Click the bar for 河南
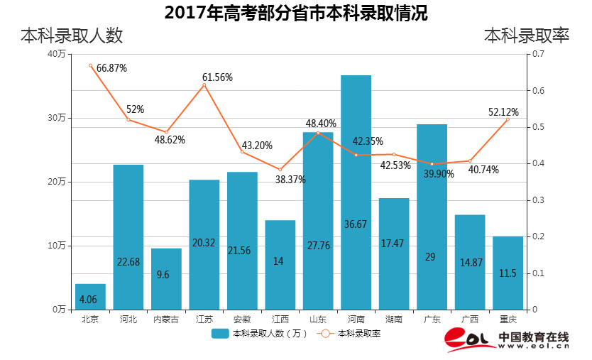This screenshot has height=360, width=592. [356, 192]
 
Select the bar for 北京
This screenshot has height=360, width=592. [90, 297]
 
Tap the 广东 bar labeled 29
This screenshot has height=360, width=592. [432, 217]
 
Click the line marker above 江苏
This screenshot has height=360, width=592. [204, 85]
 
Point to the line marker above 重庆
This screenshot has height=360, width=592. [508, 119]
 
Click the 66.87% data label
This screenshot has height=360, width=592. [111, 68]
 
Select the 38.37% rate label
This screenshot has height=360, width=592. [290, 180]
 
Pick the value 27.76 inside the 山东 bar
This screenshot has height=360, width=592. [317, 244]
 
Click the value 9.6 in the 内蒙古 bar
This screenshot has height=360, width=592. [166, 275]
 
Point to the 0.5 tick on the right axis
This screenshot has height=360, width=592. [537, 127]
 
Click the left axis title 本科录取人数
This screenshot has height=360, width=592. [72, 36]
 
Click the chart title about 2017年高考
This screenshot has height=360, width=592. [296, 13]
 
